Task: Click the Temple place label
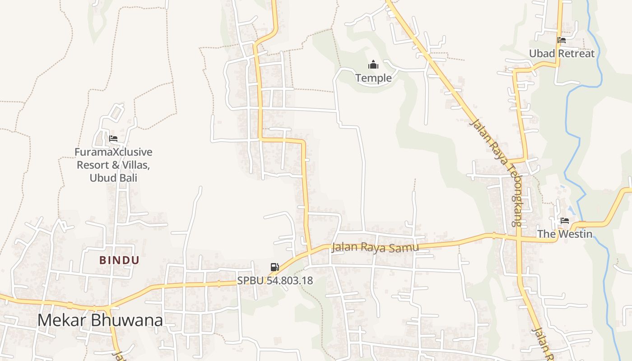pyautogui.click(x=373, y=78)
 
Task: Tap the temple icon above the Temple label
pyautogui.click(x=373, y=65)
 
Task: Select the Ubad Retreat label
pyautogui.click(x=562, y=53)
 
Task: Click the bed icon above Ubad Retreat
pyautogui.click(x=562, y=40)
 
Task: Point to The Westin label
pyautogui.click(x=564, y=234)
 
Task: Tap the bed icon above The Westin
pyautogui.click(x=564, y=221)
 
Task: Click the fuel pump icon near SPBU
pyautogui.click(x=274, y=267)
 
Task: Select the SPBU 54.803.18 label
pyautogui.click(x=275, y=280)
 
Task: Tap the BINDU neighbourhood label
pyautogui.click(x=119, y=260)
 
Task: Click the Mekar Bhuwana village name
pyautogui.click(x=100, y=320)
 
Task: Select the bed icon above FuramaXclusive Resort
pyautogui.click(x=113, y=139)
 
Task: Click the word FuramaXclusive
pyautogui.click(x=113, y=152)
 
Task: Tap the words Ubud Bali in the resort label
pyautogui.click(x=113, y=177)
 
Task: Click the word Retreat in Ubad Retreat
pyautogui.click(x=576, y=53)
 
